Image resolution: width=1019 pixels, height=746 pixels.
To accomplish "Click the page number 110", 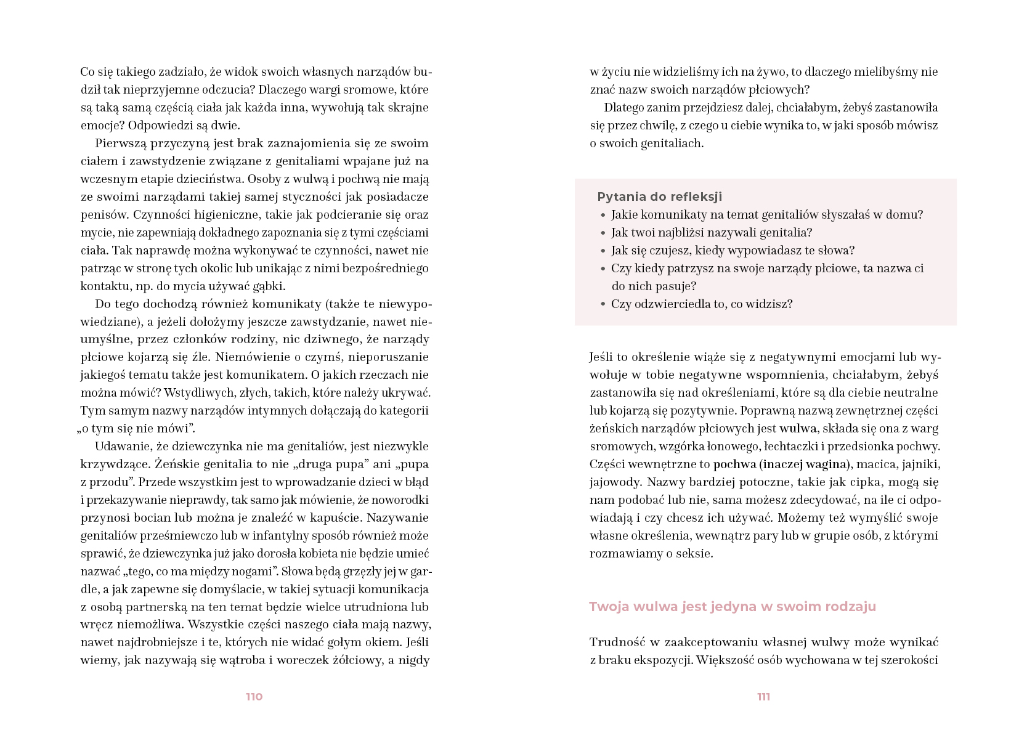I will pyautogui.click(x=254, y=697).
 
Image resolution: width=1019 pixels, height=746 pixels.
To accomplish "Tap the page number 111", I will pyautogui.click(x=763, y=697).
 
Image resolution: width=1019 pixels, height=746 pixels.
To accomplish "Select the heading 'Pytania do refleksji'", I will pyautogui.click(x=659, y=197).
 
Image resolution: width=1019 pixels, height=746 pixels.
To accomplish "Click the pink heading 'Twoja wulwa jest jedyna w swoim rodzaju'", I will pyautogui.click(x=732, y=607).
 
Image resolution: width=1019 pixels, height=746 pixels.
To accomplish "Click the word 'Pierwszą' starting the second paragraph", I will pyautogui.click(x=121, y=144).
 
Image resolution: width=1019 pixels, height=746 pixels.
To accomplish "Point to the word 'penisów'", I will pyautogui.click(x=102, y=215).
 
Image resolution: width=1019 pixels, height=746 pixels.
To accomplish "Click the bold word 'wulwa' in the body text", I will pyautogui.click(x=798, y=429).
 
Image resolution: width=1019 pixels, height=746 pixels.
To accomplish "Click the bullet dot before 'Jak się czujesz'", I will pyautogui.click(x=603, y=251).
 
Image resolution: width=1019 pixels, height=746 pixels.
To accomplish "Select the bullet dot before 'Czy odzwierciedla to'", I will pyautogui.click(x=603, y=304).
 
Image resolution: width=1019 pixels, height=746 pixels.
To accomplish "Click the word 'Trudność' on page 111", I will pyautogui.click(x=615, y=643).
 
